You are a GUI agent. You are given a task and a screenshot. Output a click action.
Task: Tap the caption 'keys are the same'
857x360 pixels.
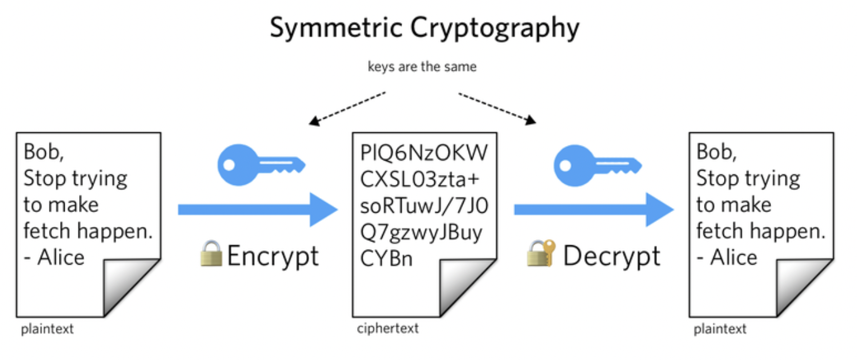click(x=422, y=66)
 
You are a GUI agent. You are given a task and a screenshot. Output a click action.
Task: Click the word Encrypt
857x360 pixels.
click(x=272, y=256)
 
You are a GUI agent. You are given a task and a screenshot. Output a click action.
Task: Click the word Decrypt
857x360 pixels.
click(x=612, y=256)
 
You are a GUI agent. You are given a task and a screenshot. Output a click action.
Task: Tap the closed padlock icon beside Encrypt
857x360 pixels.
click(x=211, y=254)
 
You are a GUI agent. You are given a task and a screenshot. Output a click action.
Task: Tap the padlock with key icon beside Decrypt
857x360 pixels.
click(x=541, y=254)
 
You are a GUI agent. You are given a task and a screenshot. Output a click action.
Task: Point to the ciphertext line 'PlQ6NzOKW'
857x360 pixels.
click(x=424, y=152)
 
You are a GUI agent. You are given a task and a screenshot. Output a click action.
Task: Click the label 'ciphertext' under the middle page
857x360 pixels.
click(x=388, y=329)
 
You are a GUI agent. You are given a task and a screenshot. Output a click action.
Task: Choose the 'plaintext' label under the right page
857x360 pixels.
click(x=720, y=329)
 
